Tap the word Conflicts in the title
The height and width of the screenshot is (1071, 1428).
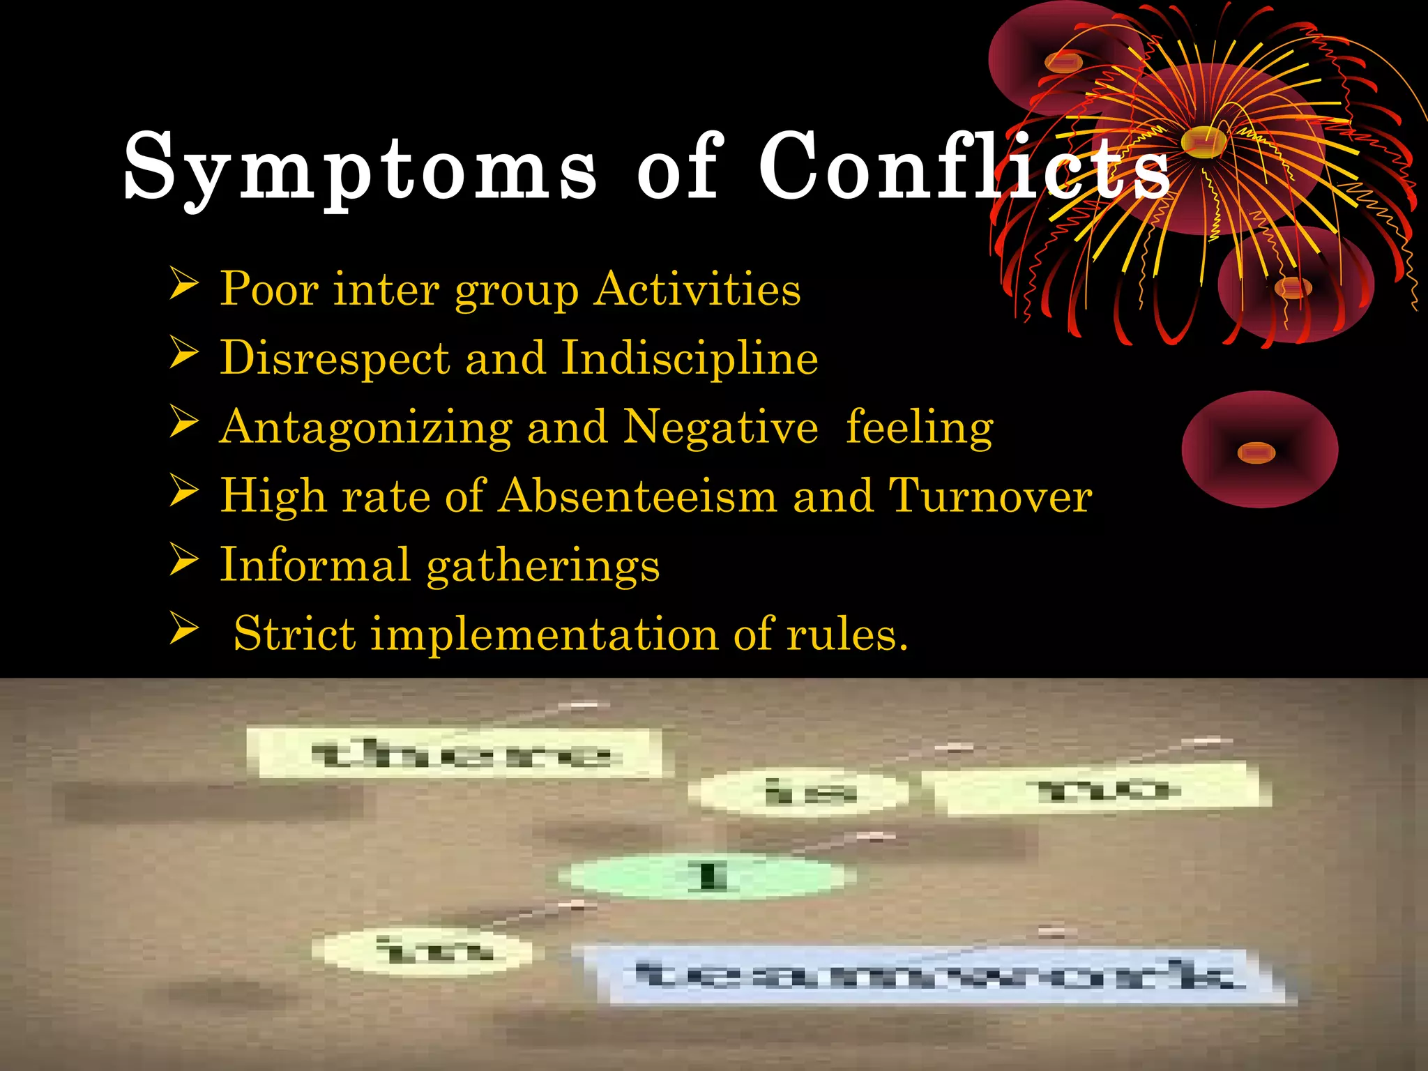(962, 166)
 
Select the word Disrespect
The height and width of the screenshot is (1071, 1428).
(335, 358)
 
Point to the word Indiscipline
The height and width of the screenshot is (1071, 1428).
(690, 358)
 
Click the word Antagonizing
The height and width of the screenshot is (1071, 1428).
(365, 427)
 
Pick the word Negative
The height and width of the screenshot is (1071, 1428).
(720, 427)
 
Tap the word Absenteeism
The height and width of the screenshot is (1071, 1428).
(637, 496)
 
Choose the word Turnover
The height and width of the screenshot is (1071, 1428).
(990, 496)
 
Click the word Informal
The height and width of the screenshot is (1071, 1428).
(314, 564)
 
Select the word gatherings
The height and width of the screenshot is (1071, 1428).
(542, 565)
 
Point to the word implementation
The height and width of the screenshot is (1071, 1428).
(544, 635)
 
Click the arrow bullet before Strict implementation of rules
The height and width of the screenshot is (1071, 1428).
(184, 629)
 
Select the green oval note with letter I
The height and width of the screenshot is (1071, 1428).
(710, 876)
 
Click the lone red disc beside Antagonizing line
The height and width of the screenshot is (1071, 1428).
(1259, 449)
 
